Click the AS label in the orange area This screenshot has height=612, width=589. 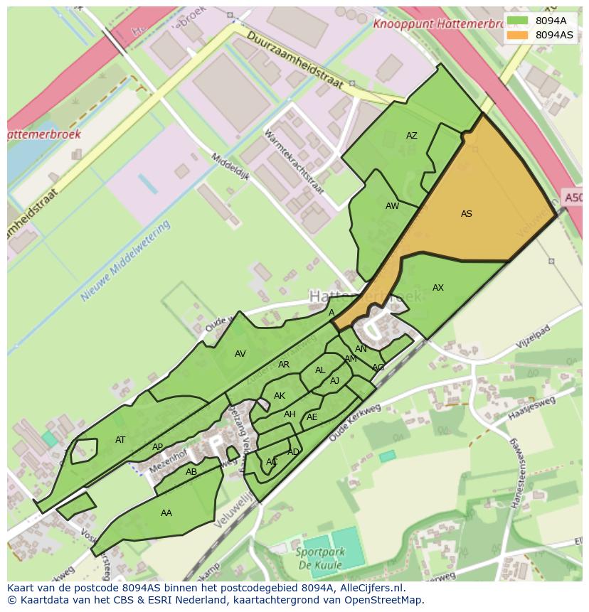pos(466,214)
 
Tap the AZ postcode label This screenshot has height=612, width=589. pos(411,136)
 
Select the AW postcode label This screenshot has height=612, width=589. pos(392,206)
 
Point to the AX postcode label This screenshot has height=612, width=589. pos(437,288)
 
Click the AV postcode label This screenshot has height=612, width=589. pos(240,354)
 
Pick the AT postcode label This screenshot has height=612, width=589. pos(120,440)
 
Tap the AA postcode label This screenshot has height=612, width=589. pos(166,513)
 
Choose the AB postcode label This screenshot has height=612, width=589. pos(191,472)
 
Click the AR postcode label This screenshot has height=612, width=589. pos(283,365)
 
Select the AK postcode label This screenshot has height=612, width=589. pos(279,396)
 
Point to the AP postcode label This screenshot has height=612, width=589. pos(157,448)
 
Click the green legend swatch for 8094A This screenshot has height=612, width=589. pos(517,21)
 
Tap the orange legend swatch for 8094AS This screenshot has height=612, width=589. pos(517,35)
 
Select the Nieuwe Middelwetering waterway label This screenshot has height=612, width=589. pos(126,261)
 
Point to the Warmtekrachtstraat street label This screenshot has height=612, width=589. pos(293,162)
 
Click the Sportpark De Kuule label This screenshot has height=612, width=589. pos(319,558)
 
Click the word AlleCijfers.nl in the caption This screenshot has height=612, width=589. pos(370,588)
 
